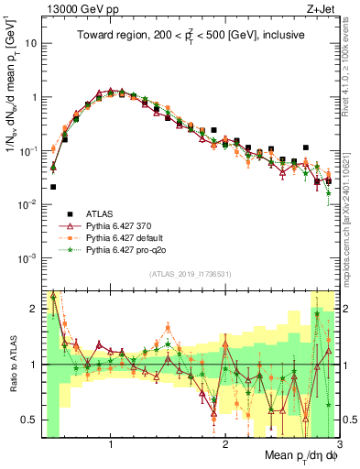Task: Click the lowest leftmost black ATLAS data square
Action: pyautogui.click(x=53, y=187)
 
